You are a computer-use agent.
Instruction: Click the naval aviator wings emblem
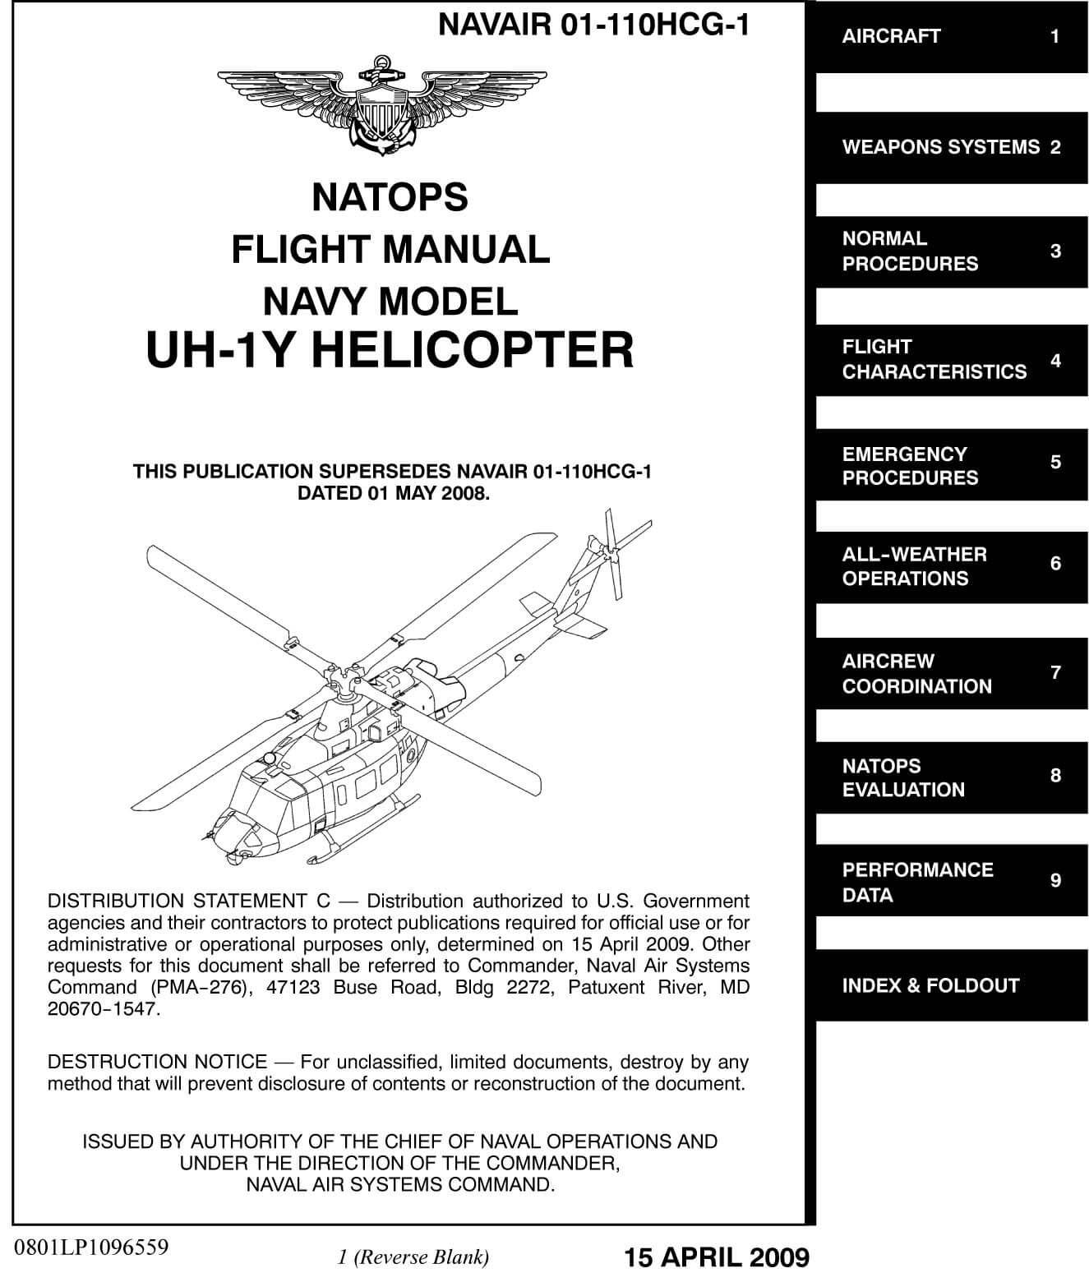tap(382, 105)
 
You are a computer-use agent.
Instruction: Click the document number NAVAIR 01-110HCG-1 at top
tap(593, 25)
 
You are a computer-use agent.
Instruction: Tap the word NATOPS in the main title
tap(390, 197)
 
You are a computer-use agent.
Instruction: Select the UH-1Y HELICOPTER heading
tap(390, 350)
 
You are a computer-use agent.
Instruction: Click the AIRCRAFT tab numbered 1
tap(951, 37)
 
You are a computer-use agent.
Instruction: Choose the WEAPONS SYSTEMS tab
tap(951, 148)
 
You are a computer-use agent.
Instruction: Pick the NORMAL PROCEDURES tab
tap(951, 251)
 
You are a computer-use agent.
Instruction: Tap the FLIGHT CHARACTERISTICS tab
tap(951, 360)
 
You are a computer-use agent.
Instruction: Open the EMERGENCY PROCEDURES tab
tap(951, 464)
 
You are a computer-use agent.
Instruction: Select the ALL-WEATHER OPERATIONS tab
tap(951, 567)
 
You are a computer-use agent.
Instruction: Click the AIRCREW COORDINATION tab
tap(951, 674)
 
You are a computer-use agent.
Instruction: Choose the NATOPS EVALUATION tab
tap(951, 777)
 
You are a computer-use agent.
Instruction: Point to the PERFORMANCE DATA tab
tap(951, 880)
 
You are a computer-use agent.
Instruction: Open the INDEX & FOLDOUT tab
tap(951, 985)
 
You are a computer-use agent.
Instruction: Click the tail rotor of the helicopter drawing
tap(613, 551)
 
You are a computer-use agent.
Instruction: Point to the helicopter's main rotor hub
tap(340, 678)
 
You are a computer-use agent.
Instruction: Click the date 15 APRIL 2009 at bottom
tap(717, 1257)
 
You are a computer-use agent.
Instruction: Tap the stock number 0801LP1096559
tap(91, 1247)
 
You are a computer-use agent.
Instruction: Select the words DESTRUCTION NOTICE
tap(158, 1061)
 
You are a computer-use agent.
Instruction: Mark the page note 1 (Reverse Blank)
tap(413, 1257)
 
